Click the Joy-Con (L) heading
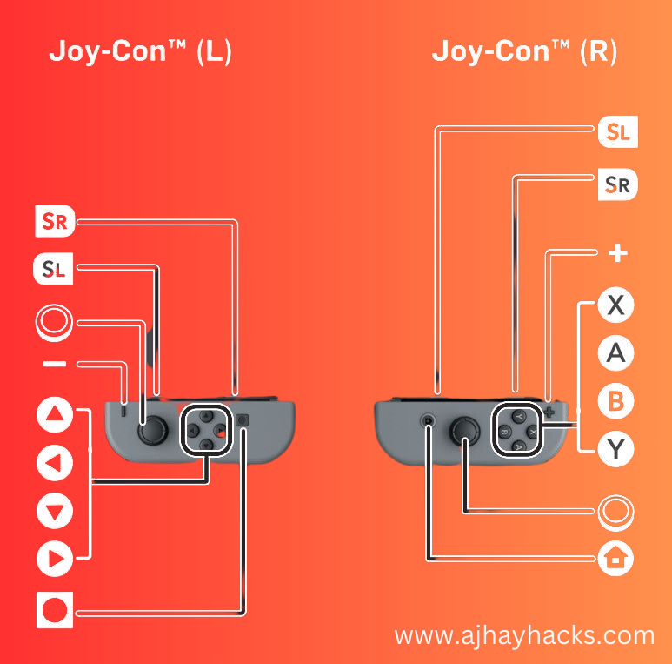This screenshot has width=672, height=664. click(140, 52)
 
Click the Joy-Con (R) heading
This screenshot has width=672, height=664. click(524, 52)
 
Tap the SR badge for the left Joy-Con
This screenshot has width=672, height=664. click(54, 223)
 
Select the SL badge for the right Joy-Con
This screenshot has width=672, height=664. click(618, 132)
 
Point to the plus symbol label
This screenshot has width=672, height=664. click(617, 254)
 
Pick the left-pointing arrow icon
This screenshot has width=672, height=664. click(55, 464)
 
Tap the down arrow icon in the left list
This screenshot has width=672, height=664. click(55, 512)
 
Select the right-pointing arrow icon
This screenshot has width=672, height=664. click(55, 560)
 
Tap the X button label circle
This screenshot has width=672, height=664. click(616, 306)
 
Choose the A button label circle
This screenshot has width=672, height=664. click(616, 353)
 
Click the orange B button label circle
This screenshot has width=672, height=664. click(616, 401)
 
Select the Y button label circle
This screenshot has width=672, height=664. click(616, 449)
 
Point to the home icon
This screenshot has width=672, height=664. click(616, 557)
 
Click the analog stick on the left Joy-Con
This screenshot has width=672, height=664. click(153, 428)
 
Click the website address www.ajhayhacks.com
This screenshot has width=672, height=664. click(524, 636)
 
